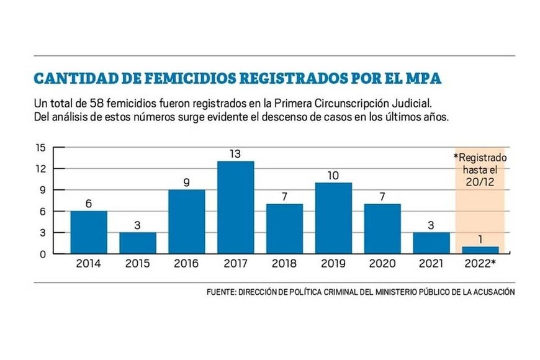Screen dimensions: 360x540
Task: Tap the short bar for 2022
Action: tap(480, 250)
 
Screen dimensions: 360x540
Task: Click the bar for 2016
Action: tap(186, 221)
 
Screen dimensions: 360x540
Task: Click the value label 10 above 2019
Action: tap(333, 175)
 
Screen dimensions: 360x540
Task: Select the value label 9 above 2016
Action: tap(186, 182)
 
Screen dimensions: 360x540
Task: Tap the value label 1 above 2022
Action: tap(480, 240)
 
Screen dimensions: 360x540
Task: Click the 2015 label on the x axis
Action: tap(137, 264)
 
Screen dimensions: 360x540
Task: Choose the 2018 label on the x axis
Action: tap(284, 264)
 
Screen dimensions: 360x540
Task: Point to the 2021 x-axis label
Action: tap(431, 264)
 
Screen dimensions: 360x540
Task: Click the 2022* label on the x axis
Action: tap(480, 264)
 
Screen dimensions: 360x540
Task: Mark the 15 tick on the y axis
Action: tap(41, 148)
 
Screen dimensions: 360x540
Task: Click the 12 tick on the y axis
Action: tap(41, 169)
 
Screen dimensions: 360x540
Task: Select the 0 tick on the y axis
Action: tap(43, 254)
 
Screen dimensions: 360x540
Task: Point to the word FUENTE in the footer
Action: tap(220, 292)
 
